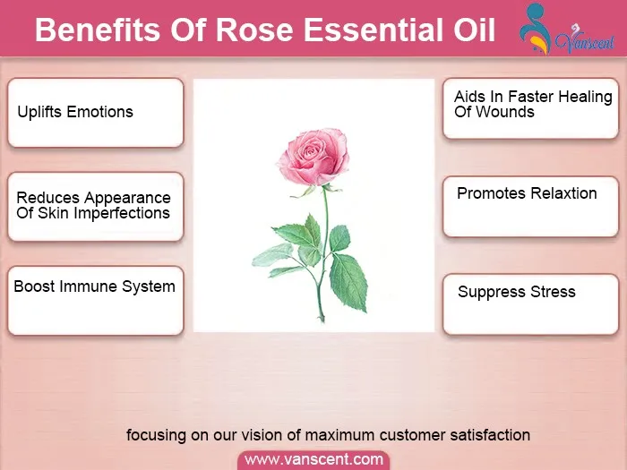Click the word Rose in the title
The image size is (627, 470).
[x=254, y=30]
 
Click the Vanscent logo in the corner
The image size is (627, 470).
[x=567, y=30]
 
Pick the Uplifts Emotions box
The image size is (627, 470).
[x=96, y=113]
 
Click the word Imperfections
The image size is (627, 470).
[x=122, y=214]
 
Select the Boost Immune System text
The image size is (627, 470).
[x=94, y=286]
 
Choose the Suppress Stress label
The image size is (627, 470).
[x=517, y=292]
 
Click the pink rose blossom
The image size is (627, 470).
[x=313, y=157]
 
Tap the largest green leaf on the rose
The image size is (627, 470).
[x=348, y=281]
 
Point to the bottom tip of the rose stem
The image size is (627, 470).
[x=322, y=320]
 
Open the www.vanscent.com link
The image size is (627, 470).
[x=313, y=459]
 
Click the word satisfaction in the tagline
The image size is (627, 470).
[x=490, y=435]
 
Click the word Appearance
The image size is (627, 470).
[x=127, y=198]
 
